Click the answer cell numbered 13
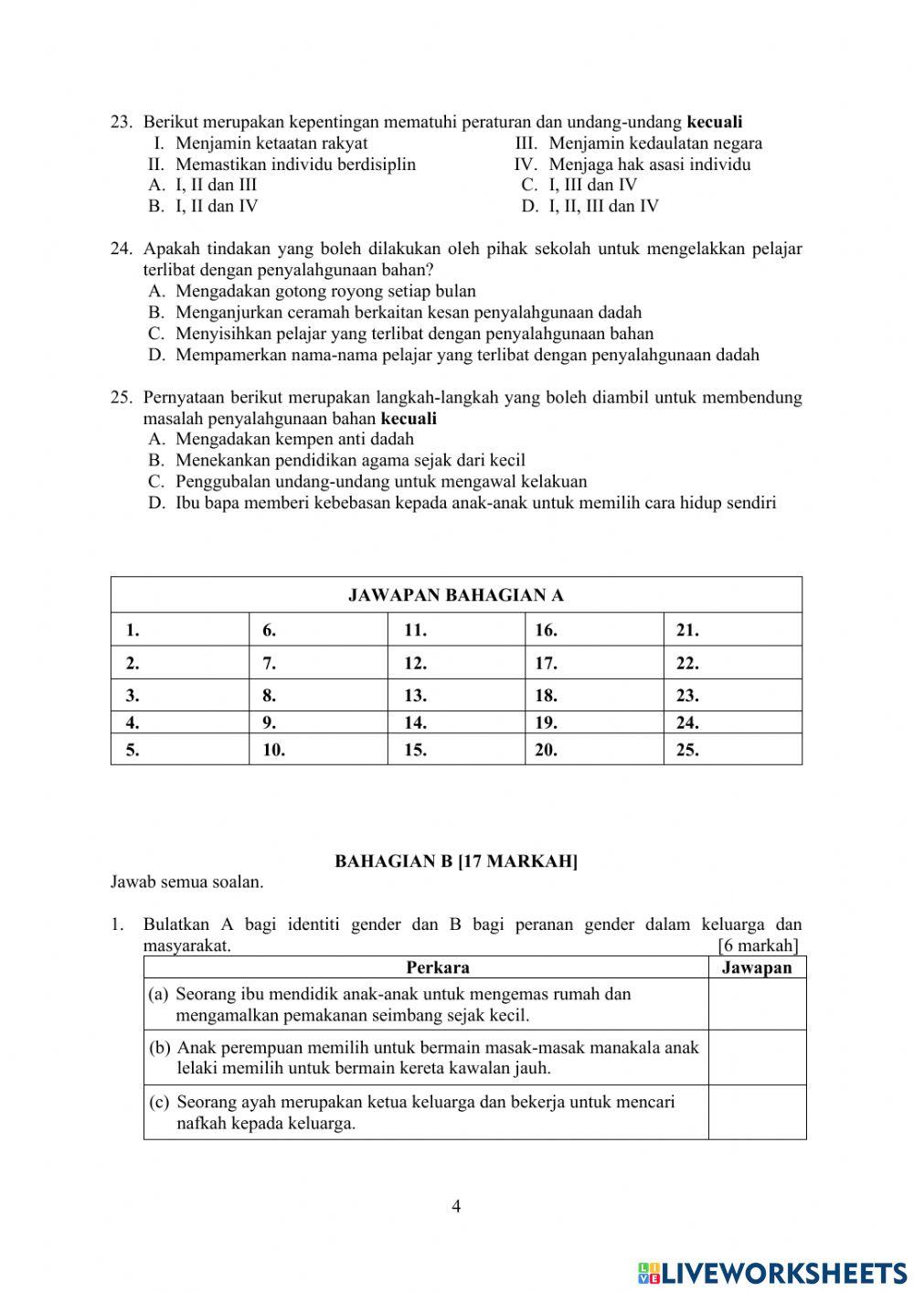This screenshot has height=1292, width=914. tap(456, 695)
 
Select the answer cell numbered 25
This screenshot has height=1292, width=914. tap(732, 750)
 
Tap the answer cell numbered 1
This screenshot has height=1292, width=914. tap(180, 629)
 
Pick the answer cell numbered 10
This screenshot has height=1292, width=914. tap(318, 750)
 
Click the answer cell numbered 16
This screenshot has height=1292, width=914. tap(594, 629)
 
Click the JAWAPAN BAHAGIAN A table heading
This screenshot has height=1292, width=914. tap(456, 595)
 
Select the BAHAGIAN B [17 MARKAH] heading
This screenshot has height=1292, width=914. tap(456, 861)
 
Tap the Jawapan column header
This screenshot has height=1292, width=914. tap(757, 967)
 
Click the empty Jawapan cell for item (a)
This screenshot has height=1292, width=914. tap(757, 1004)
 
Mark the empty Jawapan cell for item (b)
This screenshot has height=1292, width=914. tap(757, 1058)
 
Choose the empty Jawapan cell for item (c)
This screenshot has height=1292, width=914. tap(757, 1112)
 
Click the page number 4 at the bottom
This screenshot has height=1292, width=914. tap(456, 1206)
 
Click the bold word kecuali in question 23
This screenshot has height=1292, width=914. tap(714, 122)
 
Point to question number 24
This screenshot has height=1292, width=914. tap(122, 249)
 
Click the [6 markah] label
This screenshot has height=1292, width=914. tap(758, 945)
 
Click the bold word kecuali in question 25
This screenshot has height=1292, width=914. tap(408, 419)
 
